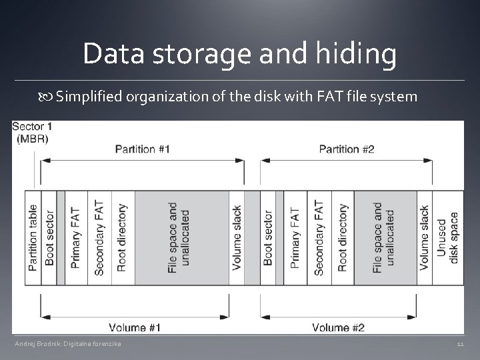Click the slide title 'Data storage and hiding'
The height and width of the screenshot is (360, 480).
click(x=239, y=54)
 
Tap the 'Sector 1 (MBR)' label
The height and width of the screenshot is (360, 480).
click(x=32, y=132)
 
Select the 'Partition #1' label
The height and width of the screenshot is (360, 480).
click(x=142, y=149)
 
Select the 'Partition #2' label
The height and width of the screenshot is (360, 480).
click(x=347, y=149)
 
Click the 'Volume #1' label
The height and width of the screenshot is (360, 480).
click(x=136, y=327)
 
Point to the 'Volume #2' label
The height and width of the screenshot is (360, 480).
click(x=339, y=327)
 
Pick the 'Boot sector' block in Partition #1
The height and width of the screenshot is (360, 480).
click(x=49, y=237)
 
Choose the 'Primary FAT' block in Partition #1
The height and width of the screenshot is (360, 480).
click(x=76, y=237)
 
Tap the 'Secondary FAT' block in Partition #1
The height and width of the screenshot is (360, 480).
click(x=99, y=237)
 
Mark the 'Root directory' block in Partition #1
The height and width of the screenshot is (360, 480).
click(x=122, y=237)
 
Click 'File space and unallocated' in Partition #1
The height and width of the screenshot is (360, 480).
click(x=179, y=237)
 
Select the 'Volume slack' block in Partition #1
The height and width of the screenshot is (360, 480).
click(x=237, y=237)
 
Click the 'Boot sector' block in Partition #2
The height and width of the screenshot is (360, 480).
click(x=268, y=237)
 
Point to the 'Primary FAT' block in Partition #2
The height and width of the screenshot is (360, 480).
click(x=295, y=237)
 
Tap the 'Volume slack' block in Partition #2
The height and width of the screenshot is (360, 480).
click(x=425, y=237)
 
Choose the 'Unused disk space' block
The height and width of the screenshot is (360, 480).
click(x=447, y=237)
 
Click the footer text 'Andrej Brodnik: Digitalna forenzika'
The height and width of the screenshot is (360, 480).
click(x=68, y=343)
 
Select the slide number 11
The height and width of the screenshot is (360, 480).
click(x=460, y=344)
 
